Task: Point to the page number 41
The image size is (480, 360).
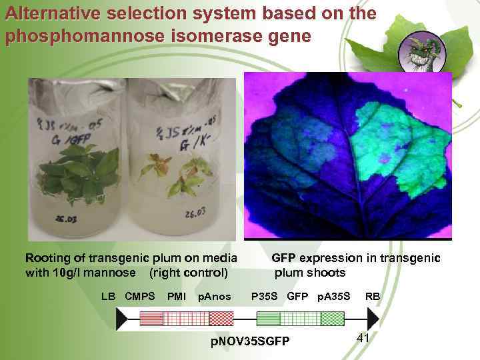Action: tap(363, 338)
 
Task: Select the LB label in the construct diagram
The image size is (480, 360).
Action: tap(108, 296)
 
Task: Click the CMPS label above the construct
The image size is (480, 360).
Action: tap(139, 296)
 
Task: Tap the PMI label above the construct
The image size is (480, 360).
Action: tap(177, 296)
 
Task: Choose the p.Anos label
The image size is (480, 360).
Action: tap(215, 296)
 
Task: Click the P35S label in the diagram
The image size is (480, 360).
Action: tap(264, 296)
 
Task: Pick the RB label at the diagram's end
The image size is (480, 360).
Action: tap(373, 296)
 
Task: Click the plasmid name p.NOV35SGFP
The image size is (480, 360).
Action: tap(250, 341)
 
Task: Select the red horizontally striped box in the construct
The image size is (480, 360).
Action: tap(151, 319)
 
